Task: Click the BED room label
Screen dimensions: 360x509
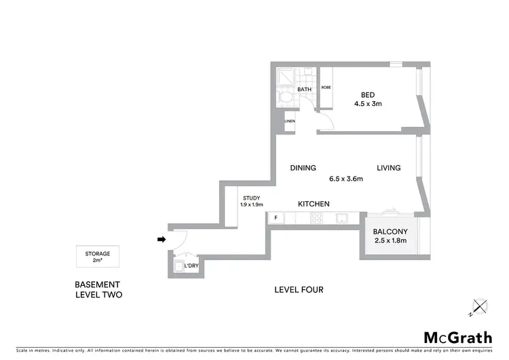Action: coord(367,94)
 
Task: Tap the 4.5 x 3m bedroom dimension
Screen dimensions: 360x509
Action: coord(367,105)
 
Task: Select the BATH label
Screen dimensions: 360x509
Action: coord(305,89)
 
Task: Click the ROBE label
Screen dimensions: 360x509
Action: coord(326,88)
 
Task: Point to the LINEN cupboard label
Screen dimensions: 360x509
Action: coord(290,122)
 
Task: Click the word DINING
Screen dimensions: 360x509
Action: coord(303,168)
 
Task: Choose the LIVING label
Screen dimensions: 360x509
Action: coord(389,168)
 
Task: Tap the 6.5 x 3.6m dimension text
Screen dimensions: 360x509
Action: coord(346,179)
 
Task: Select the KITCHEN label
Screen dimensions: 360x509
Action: coord(314,204)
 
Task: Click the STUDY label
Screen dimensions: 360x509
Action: coord(251,198)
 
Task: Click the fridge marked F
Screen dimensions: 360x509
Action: coord(276,217)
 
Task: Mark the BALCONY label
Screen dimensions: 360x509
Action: coord(390,230)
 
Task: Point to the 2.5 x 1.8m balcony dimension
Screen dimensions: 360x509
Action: coord(390,240)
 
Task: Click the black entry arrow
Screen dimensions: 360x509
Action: coord(161,239)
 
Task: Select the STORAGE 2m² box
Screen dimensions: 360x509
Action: coord(98,256)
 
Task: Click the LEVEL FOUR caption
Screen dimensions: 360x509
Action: coord(299,290)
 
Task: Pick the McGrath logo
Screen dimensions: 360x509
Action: coord(458,337)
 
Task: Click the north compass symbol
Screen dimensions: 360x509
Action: coord(479,307)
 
